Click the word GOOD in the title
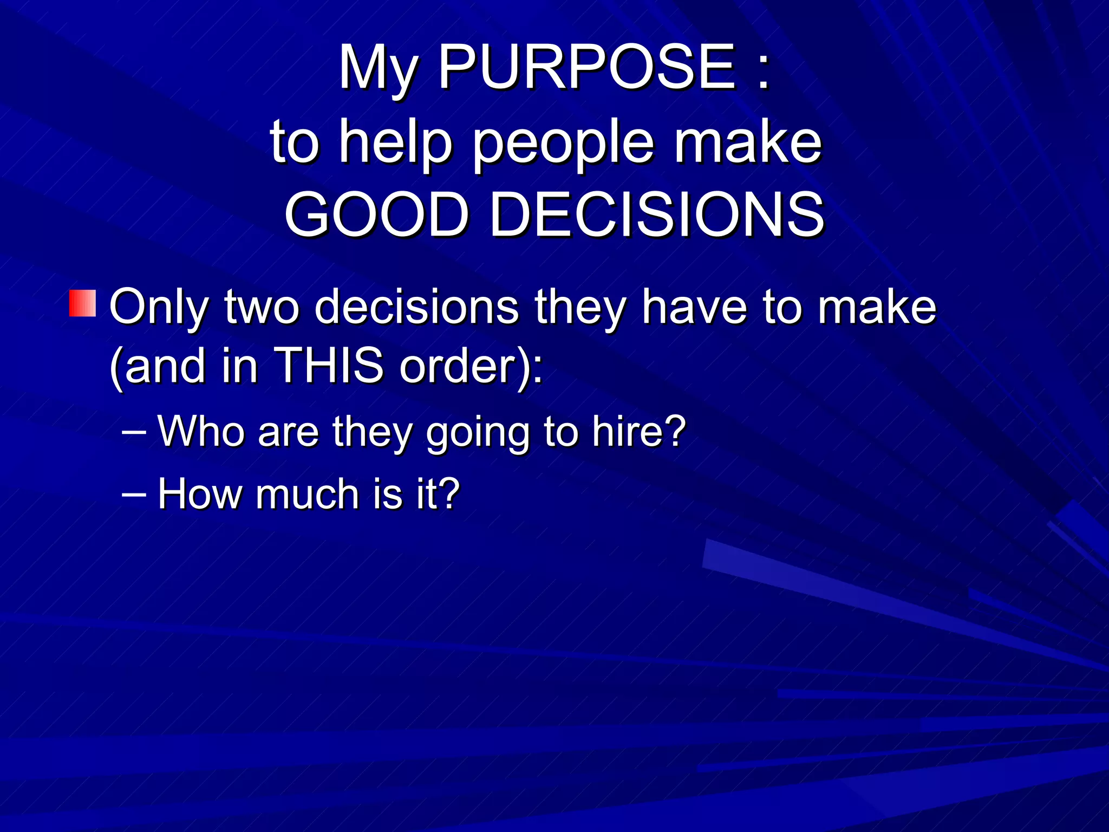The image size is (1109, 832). click(377, 214)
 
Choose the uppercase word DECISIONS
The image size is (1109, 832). click(656, 214)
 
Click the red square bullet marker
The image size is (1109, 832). click(82, 303)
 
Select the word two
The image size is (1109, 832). click(262, 307)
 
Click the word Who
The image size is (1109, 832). click(201, 431)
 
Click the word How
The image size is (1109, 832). click(200, 493)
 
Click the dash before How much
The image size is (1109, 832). click(134, 495)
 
